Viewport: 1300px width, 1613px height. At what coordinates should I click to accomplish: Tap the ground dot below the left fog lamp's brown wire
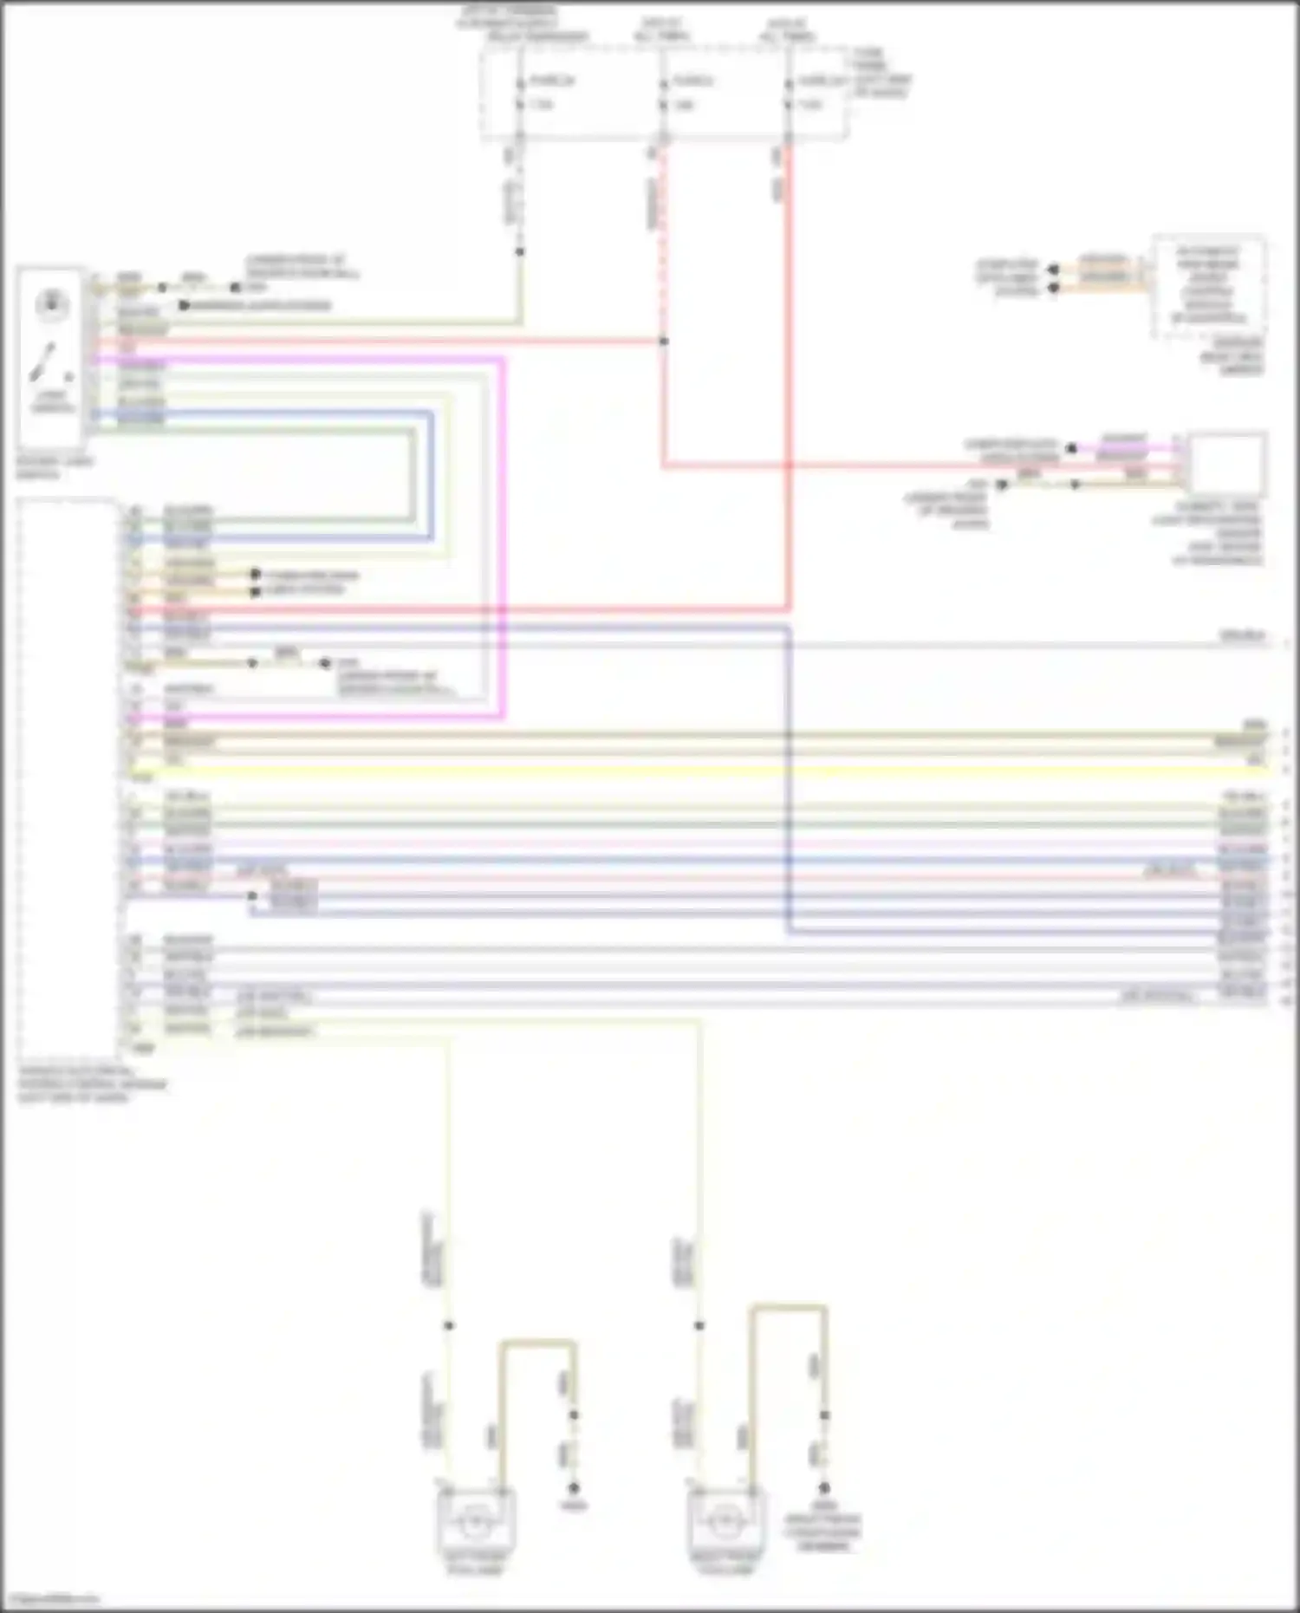(573, 1487)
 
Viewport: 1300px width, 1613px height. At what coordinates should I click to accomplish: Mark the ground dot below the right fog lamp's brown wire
(824, 1487)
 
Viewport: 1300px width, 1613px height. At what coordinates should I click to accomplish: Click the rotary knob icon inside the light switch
(52, 304)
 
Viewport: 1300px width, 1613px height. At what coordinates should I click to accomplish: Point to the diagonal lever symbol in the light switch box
(43, 362)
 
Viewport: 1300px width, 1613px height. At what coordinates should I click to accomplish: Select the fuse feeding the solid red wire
(789, 94)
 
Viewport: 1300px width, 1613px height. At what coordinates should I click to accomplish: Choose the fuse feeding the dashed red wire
(663, 94)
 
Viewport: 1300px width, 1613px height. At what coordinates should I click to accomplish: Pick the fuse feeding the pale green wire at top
(520, 94)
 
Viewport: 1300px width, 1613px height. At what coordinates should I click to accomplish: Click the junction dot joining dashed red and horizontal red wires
(663, 341)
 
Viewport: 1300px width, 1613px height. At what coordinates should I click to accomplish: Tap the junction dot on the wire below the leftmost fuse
(520, 252)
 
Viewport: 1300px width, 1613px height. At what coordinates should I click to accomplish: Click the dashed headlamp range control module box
(1208, 286)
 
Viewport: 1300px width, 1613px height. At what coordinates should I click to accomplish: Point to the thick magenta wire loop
(503, 537)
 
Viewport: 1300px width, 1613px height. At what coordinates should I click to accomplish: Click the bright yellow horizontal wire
(693, 768)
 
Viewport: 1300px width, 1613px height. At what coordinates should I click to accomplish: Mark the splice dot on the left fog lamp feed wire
(448, 1325)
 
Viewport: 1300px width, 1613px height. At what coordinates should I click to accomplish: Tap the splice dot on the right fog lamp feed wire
(699, 1325)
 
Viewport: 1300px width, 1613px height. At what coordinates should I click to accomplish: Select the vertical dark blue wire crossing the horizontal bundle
(789, 780)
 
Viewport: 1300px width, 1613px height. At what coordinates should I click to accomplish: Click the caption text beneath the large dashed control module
(91, 1084)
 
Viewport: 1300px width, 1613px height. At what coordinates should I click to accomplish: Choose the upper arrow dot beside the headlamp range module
(1054, 270)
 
